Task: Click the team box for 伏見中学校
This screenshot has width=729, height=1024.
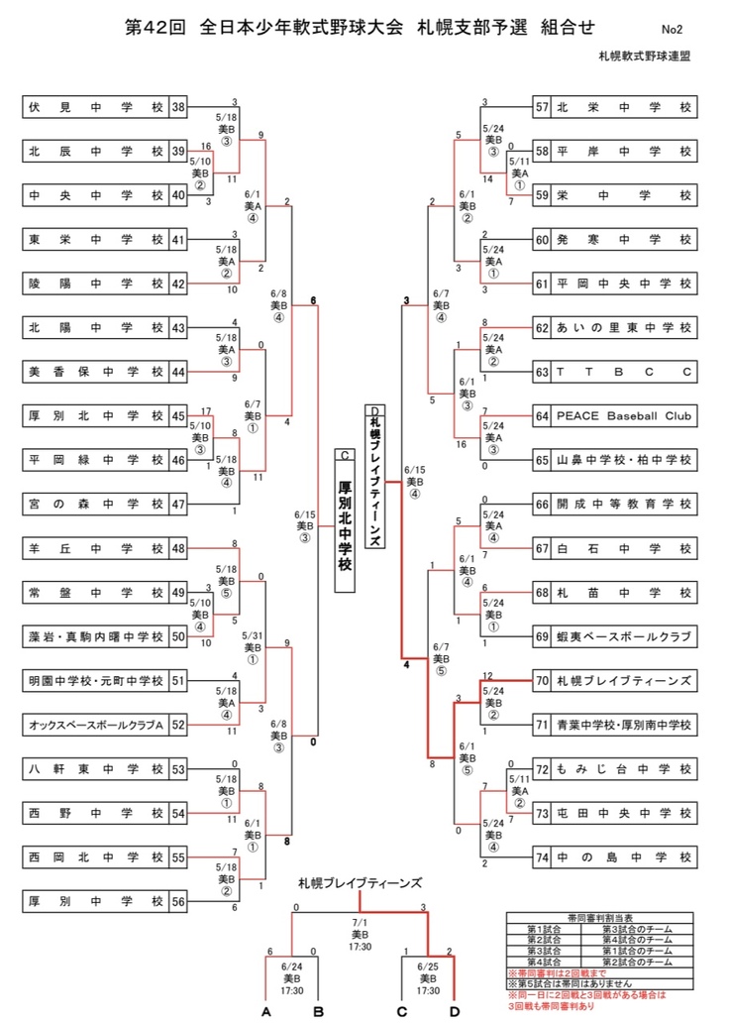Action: point(95,107)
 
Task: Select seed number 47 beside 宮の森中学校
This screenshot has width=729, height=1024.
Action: point(178,504)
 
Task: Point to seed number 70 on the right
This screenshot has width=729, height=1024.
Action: point(541,681)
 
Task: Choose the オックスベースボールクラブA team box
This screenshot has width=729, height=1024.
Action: point(95,725)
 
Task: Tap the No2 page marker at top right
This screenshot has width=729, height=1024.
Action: point(674,31)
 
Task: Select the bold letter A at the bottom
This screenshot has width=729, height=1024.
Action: point(266,1011)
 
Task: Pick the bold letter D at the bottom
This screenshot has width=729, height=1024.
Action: point(454,1011)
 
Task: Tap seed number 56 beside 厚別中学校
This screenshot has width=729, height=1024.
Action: point(178,901)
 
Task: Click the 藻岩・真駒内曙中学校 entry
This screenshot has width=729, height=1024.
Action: point(95,635)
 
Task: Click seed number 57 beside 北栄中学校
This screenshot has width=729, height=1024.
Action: point(541,107)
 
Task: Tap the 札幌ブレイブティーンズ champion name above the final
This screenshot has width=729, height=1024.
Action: point(360,881)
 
